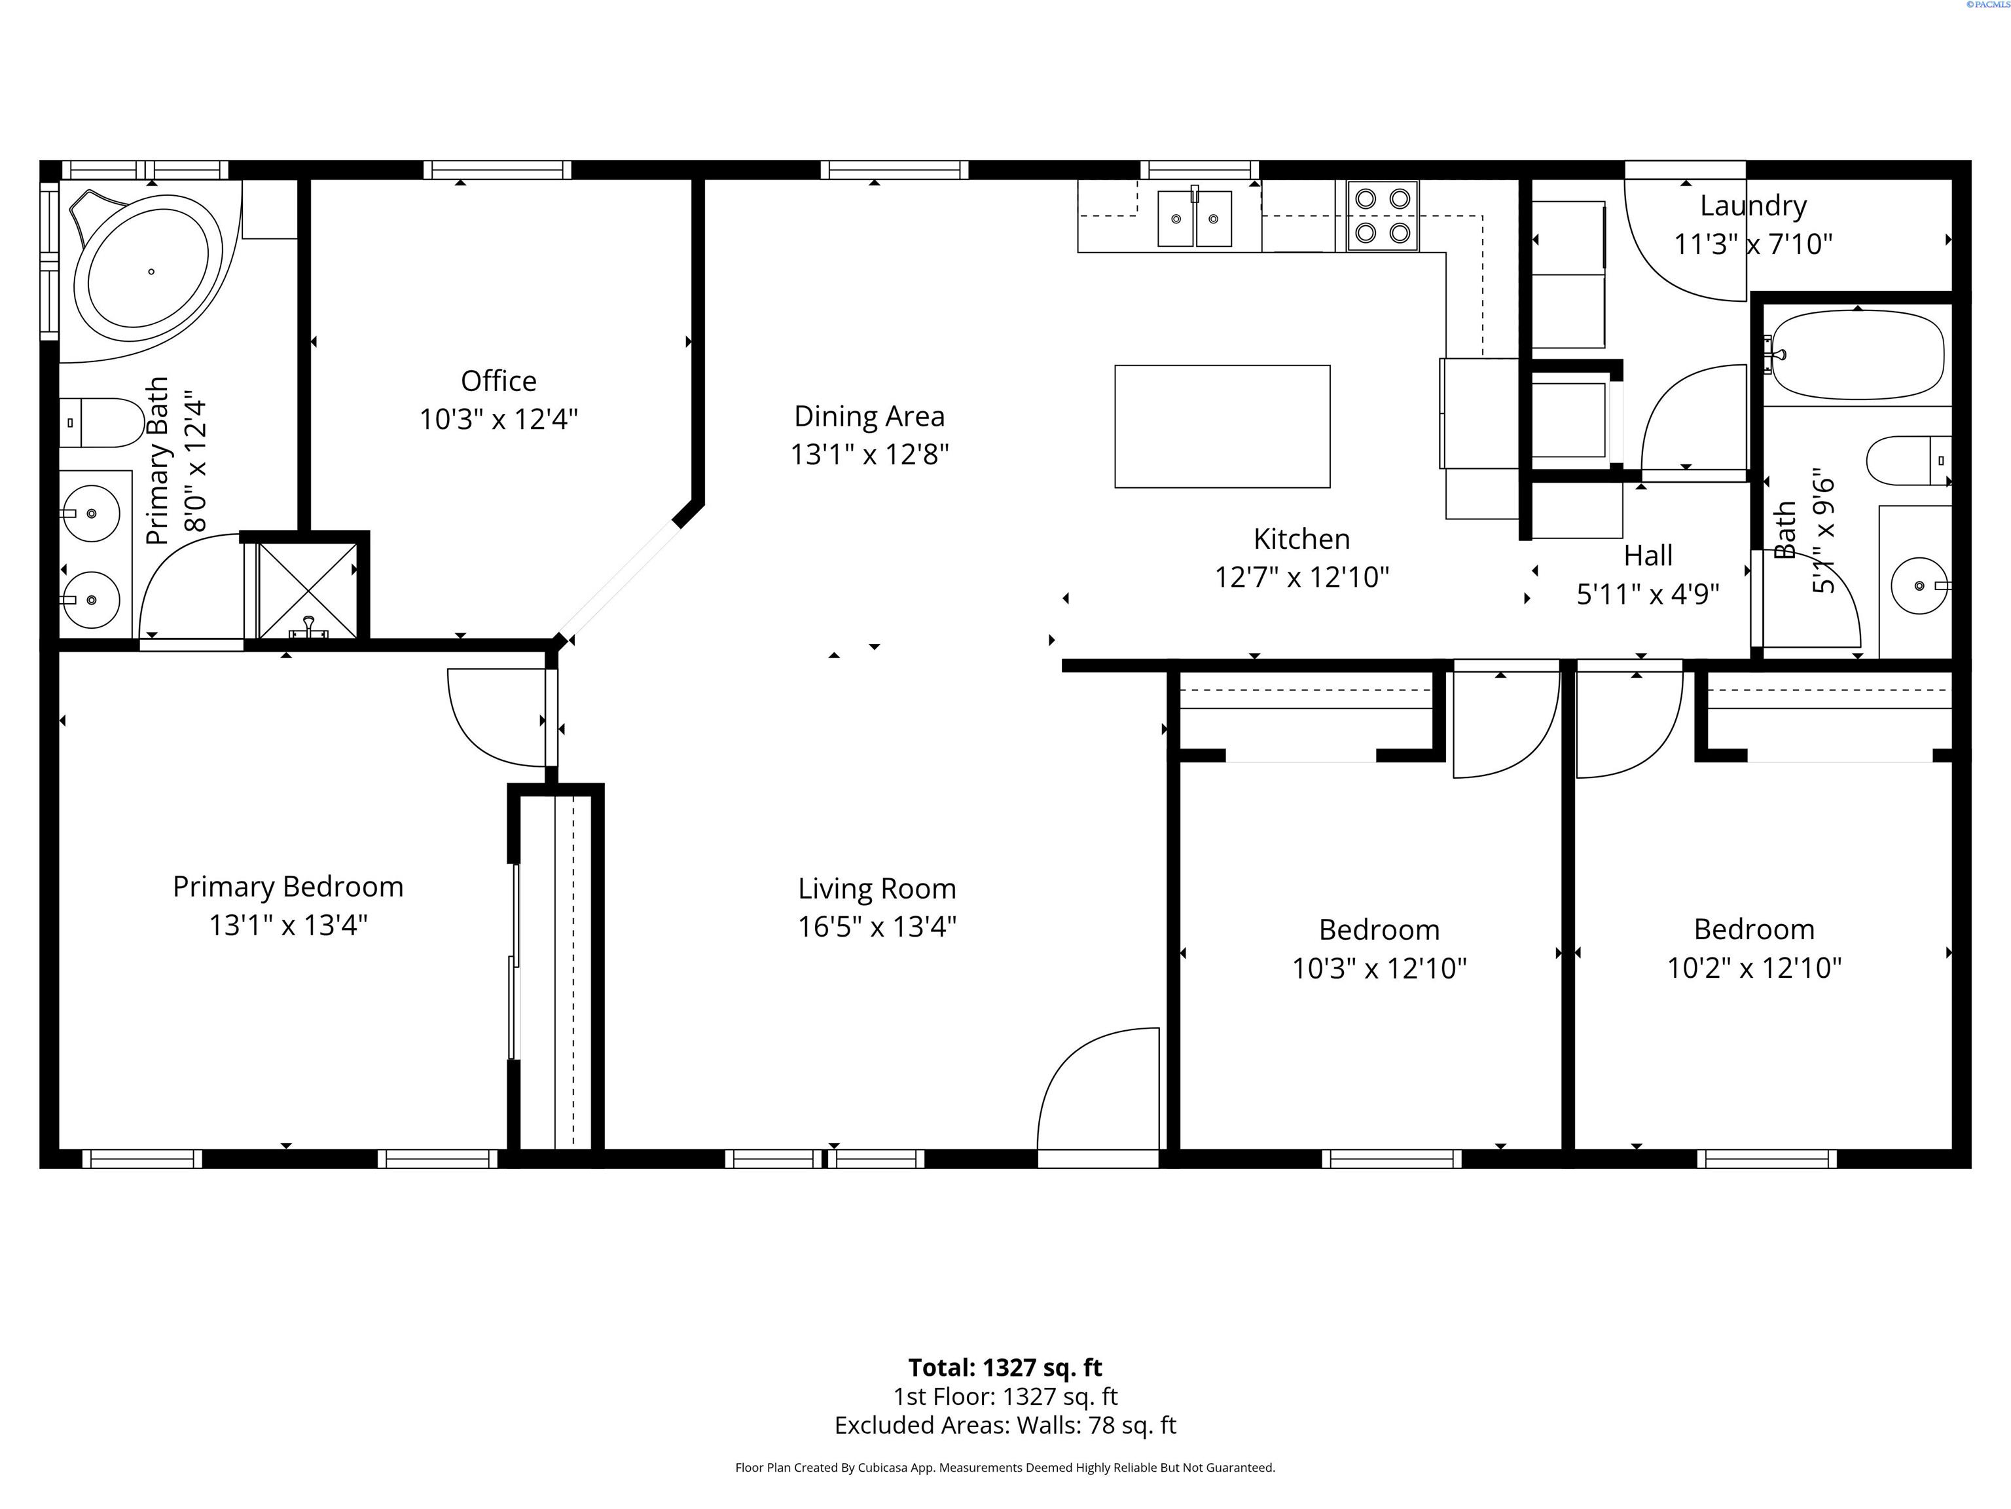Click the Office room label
(x=498, y=381)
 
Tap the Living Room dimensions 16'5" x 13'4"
(x=877, y=927)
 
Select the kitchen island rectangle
(x=1222, y=426)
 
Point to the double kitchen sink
(x=1195, y=217)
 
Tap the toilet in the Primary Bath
(x=102, y=423)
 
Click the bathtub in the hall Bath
(x=1857, y=356)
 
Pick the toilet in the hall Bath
(x=1908, y=461)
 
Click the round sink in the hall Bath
(x=1920, y=585)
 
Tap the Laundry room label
(x=1753, y=206)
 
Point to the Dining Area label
(x=869, y=416)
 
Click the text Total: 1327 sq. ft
(x=1005, y=1368)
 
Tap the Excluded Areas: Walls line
(x=1005, y=1425)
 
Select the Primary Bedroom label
(x=288, y=887)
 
